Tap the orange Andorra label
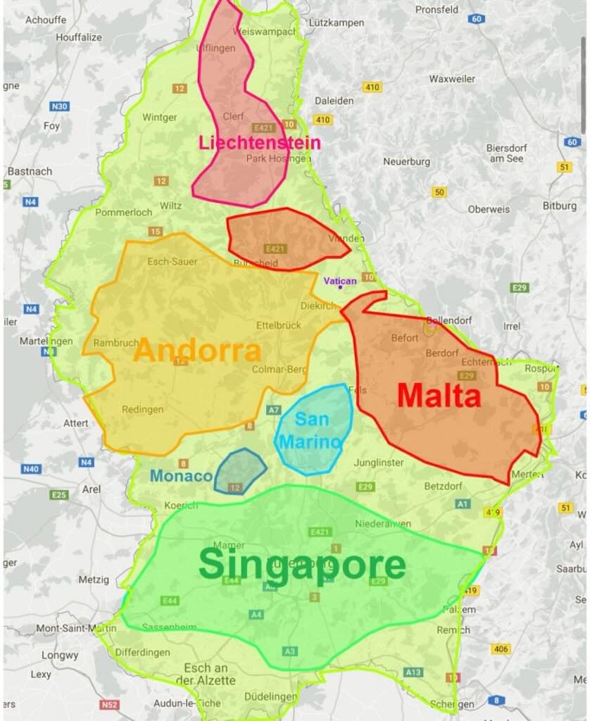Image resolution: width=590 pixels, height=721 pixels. point(198,350)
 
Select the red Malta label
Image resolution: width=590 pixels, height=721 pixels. point(439,396)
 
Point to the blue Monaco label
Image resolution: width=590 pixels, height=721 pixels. point(181,476)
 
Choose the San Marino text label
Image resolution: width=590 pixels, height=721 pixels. point(310,430)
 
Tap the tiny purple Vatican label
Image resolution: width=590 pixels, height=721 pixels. point(340,280)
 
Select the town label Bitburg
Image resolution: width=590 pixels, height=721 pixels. point(559,206)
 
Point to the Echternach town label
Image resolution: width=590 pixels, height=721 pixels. point(486,361)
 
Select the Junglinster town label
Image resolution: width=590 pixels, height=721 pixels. point(378,463)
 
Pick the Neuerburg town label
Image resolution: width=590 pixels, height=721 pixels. point(406,161)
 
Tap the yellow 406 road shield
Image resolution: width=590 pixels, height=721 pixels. point(501,648)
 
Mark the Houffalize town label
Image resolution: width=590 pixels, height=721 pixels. point(79,37)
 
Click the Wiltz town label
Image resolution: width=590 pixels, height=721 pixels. point(170,206)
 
